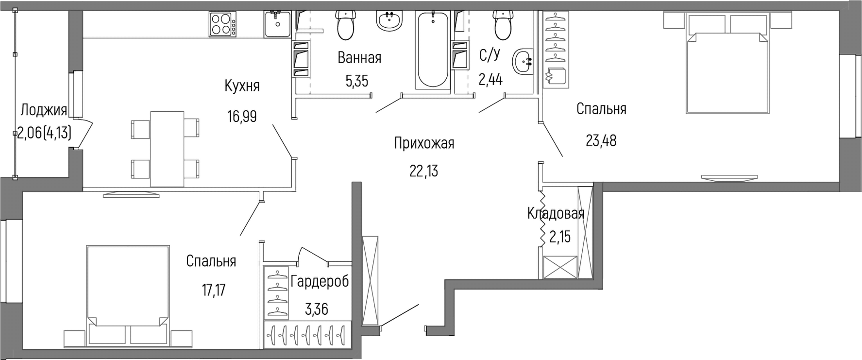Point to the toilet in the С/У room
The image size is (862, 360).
[x=503, y=25]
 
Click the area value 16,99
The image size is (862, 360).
[x=242, y=117]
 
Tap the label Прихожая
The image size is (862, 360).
[x=424, y=143]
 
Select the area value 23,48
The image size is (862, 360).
[x=601, y=141]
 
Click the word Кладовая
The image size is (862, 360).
[x=556, y=213]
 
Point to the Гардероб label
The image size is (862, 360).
[x=320, y=281]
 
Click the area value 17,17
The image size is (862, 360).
[x=214, y=291]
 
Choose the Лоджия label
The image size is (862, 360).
[x=44, y=110]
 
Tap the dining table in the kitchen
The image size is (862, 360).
[x=167, y=149]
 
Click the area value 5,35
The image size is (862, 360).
[x=357, y=81]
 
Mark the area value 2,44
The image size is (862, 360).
[x=490, y=79]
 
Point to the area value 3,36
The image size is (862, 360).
[x=316, y=309]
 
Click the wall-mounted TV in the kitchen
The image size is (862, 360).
[x=131, y=194]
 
